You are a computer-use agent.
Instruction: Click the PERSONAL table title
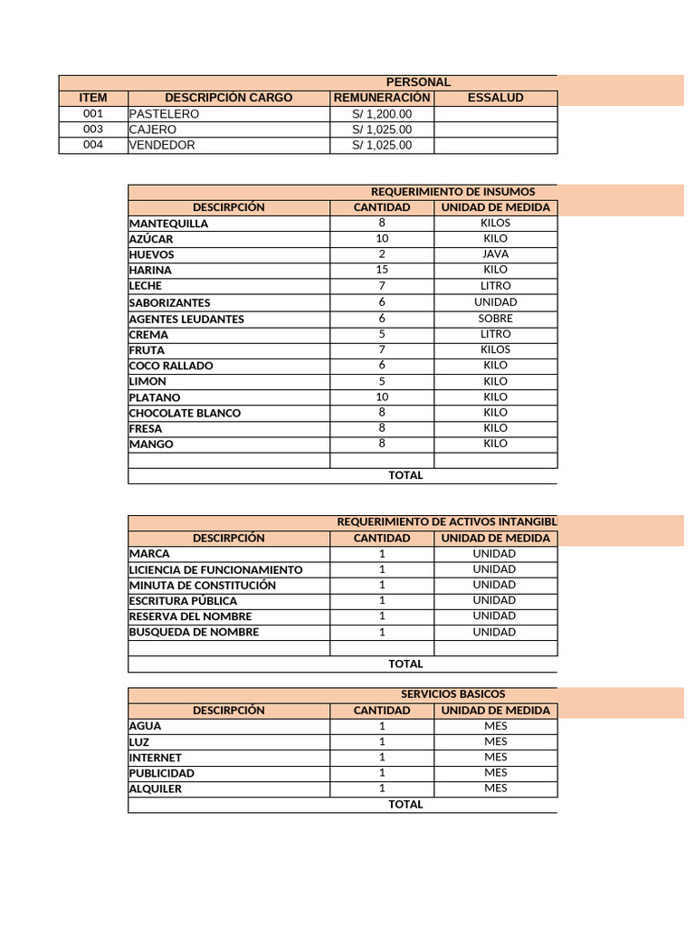pos(418,82)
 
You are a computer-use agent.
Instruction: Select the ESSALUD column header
pos(495,98)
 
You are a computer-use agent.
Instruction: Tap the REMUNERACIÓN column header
pos(382,98)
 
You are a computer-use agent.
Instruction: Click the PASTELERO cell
pos(165,114)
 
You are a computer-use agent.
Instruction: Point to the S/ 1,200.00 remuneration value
pos(382,114)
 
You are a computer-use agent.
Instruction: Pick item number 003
pos(93,129)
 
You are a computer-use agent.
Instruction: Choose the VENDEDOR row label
pos(162,145)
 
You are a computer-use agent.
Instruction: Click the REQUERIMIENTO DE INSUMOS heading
pos(452,192)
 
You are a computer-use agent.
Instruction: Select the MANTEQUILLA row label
pos(169,224)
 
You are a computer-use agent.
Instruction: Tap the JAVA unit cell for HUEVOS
pos(495,254)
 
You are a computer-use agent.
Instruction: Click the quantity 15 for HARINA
pos(382,270)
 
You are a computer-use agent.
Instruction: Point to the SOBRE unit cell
pos(495,319)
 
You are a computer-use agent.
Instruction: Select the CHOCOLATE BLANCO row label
pos(186,413)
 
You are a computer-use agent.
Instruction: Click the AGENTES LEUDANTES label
pos(186,319)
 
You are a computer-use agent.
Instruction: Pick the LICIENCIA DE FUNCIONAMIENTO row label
pos(216,569)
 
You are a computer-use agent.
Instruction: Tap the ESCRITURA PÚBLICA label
pos(184,601)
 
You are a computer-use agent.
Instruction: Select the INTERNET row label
pos(156,758)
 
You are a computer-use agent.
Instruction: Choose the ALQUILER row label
pos(156,788)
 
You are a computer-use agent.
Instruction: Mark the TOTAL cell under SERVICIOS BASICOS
pos(405,804)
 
